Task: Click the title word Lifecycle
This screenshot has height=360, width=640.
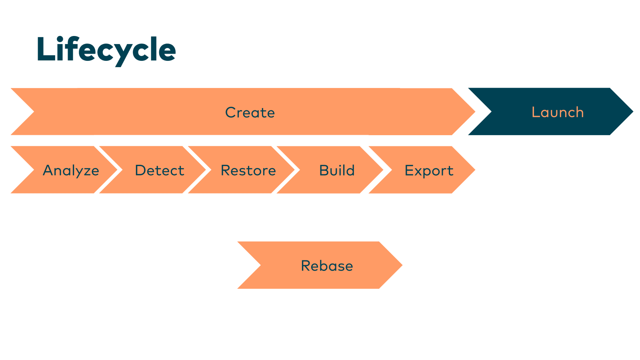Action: point(106,50)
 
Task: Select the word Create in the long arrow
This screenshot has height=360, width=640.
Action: point(250,112)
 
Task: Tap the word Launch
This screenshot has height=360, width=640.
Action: point(558,112)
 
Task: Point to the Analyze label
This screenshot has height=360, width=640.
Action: point(71,170)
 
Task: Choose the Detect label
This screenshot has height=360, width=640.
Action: point(160,170)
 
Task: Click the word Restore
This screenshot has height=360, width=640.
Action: point(248,170)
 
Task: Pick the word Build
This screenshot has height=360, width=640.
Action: point(337,170)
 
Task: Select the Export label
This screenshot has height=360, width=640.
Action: point(429,171)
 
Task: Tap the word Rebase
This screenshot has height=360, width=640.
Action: point(327,266)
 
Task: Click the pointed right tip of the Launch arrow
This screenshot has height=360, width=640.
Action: point(632,112)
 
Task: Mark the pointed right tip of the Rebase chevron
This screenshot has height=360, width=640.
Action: point(401,265)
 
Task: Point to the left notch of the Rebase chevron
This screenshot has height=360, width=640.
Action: point(260,265)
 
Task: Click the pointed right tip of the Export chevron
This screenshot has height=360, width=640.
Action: point(474,170)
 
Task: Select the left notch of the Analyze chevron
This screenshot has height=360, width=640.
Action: point(33,170)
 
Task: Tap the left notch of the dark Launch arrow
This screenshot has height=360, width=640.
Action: point(490,112)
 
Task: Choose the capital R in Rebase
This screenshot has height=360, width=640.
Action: point(306,266)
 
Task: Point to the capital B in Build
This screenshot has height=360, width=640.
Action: point(324,170)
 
